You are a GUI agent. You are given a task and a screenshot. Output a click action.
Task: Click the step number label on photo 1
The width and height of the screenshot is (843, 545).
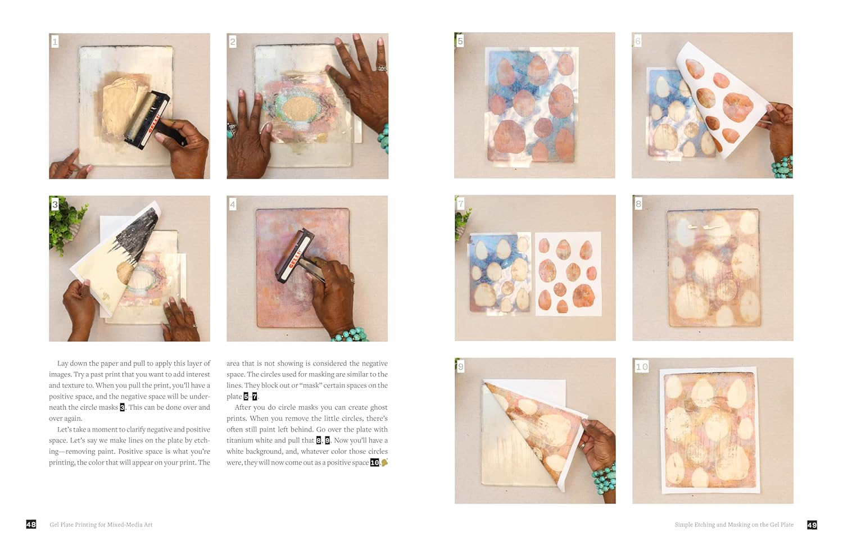[x=55, y=42]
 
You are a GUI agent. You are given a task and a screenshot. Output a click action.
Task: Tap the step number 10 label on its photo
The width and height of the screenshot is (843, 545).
[x=641, y=367]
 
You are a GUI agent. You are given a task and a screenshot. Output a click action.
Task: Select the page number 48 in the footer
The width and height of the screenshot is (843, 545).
[x=31, y=524]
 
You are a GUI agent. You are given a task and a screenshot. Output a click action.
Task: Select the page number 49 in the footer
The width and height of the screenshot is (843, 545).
[x=812, y=525]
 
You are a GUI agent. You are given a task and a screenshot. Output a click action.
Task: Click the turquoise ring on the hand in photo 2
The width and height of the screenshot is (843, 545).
[x=230, y=134]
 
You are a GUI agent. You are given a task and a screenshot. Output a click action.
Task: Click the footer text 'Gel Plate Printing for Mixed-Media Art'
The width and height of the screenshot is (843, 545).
[x=101, y=525]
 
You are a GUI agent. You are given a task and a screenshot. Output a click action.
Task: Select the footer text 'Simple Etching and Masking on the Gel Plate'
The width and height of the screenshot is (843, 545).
[x=734, y=525]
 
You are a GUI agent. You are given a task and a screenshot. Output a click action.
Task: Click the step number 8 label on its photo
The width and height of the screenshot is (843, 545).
[x=638, y=204]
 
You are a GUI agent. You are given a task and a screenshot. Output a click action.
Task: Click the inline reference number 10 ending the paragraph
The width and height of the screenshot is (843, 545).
[x=374, y=462]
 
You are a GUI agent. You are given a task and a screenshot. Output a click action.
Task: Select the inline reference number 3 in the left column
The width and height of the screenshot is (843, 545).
[x=123, y=407]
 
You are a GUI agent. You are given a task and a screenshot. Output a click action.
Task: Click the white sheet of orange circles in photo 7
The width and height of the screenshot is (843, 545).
[x=568, y=274]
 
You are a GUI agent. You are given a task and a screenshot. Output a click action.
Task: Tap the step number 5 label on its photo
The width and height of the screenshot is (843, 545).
[x=460, y=41]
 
